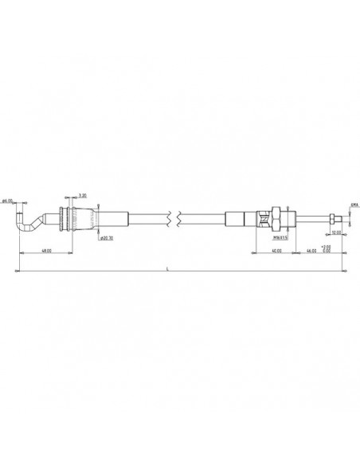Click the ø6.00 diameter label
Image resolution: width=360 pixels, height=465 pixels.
(8, 201)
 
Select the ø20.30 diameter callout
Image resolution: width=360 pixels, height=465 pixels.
(108, 237)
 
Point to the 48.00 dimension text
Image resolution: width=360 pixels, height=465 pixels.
(47, 251)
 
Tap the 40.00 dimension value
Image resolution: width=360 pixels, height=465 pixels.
(276, 251)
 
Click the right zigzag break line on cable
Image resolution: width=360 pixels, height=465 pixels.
(182, 216)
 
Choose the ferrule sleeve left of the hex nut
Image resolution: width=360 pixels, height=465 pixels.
(239, 216)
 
